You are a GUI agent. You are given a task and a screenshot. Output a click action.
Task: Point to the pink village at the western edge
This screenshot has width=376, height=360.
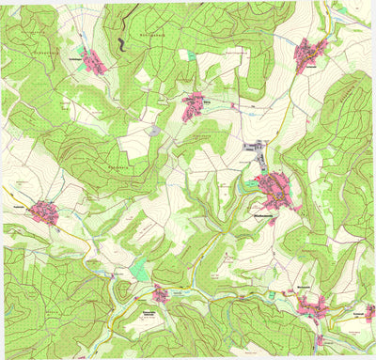click(45, 211)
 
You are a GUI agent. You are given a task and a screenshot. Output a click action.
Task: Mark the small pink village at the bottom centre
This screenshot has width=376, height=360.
click(161, 293)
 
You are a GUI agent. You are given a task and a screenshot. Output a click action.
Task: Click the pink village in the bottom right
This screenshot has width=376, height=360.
click(310, 305)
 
